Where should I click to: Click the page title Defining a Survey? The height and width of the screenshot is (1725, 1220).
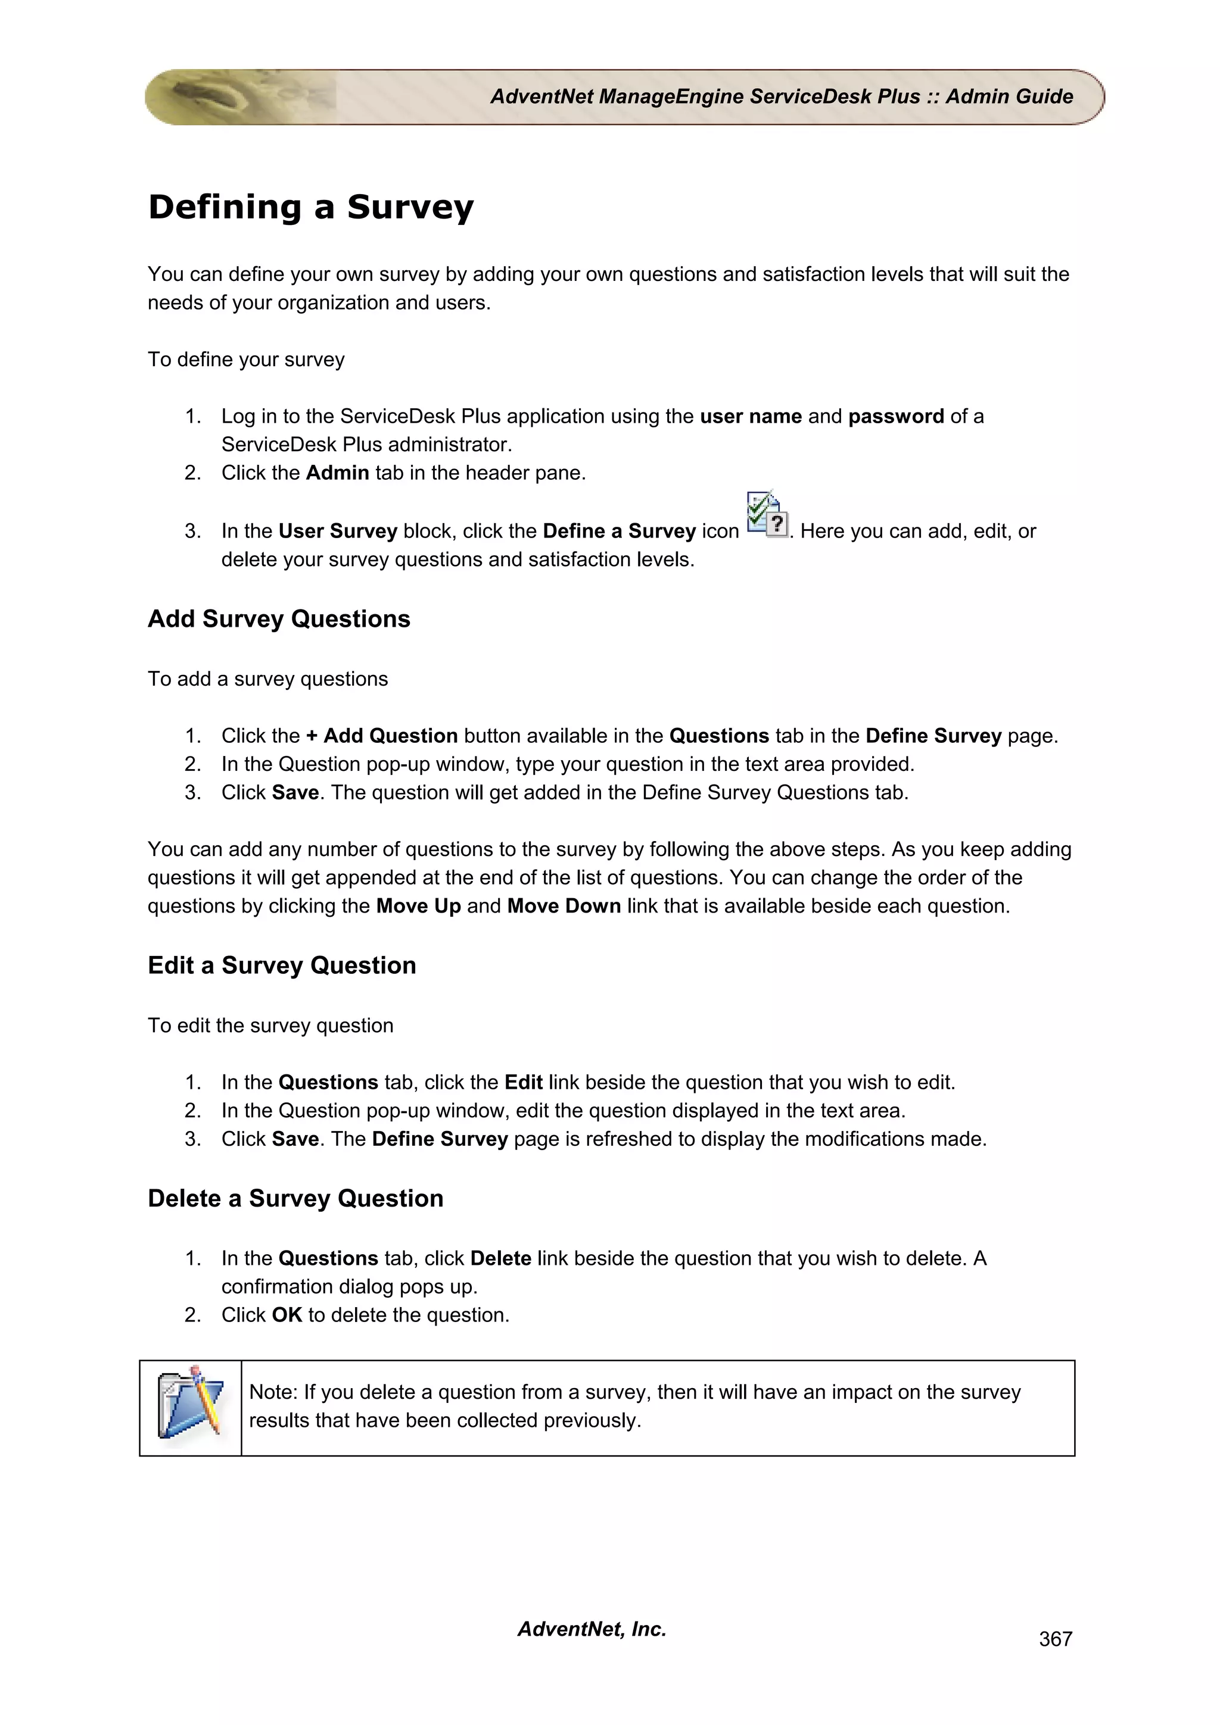[310, 207]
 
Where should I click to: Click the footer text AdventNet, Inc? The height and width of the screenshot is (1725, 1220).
[592, 1629]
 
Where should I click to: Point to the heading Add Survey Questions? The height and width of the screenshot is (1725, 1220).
[279, 619]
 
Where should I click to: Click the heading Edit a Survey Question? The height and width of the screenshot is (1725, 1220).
[282, 965]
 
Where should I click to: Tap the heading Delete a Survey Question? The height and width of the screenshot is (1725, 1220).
[295, 1198]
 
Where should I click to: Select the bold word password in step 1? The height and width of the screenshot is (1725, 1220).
[895, 416]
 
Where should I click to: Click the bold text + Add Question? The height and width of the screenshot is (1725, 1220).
[382, 736]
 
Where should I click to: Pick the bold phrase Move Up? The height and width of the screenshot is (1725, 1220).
[418, 906]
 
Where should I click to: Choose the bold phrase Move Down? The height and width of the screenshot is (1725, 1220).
[564, 906]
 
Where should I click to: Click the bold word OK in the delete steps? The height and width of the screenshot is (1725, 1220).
[287, 1315]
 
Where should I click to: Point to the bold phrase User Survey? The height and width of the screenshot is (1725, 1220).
[338, 531]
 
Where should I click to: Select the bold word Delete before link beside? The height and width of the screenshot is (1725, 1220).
[500, 1258]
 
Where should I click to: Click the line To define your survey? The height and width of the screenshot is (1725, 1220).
[246, 360]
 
